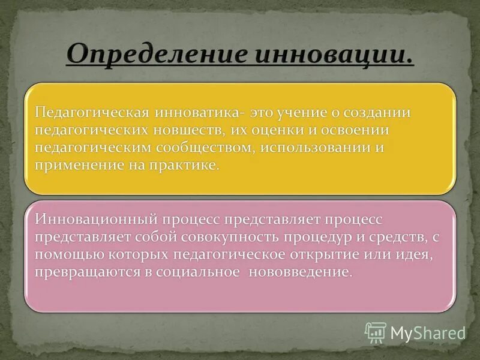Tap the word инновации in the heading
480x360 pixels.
point(334,55)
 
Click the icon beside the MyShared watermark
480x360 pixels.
point(376,332)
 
